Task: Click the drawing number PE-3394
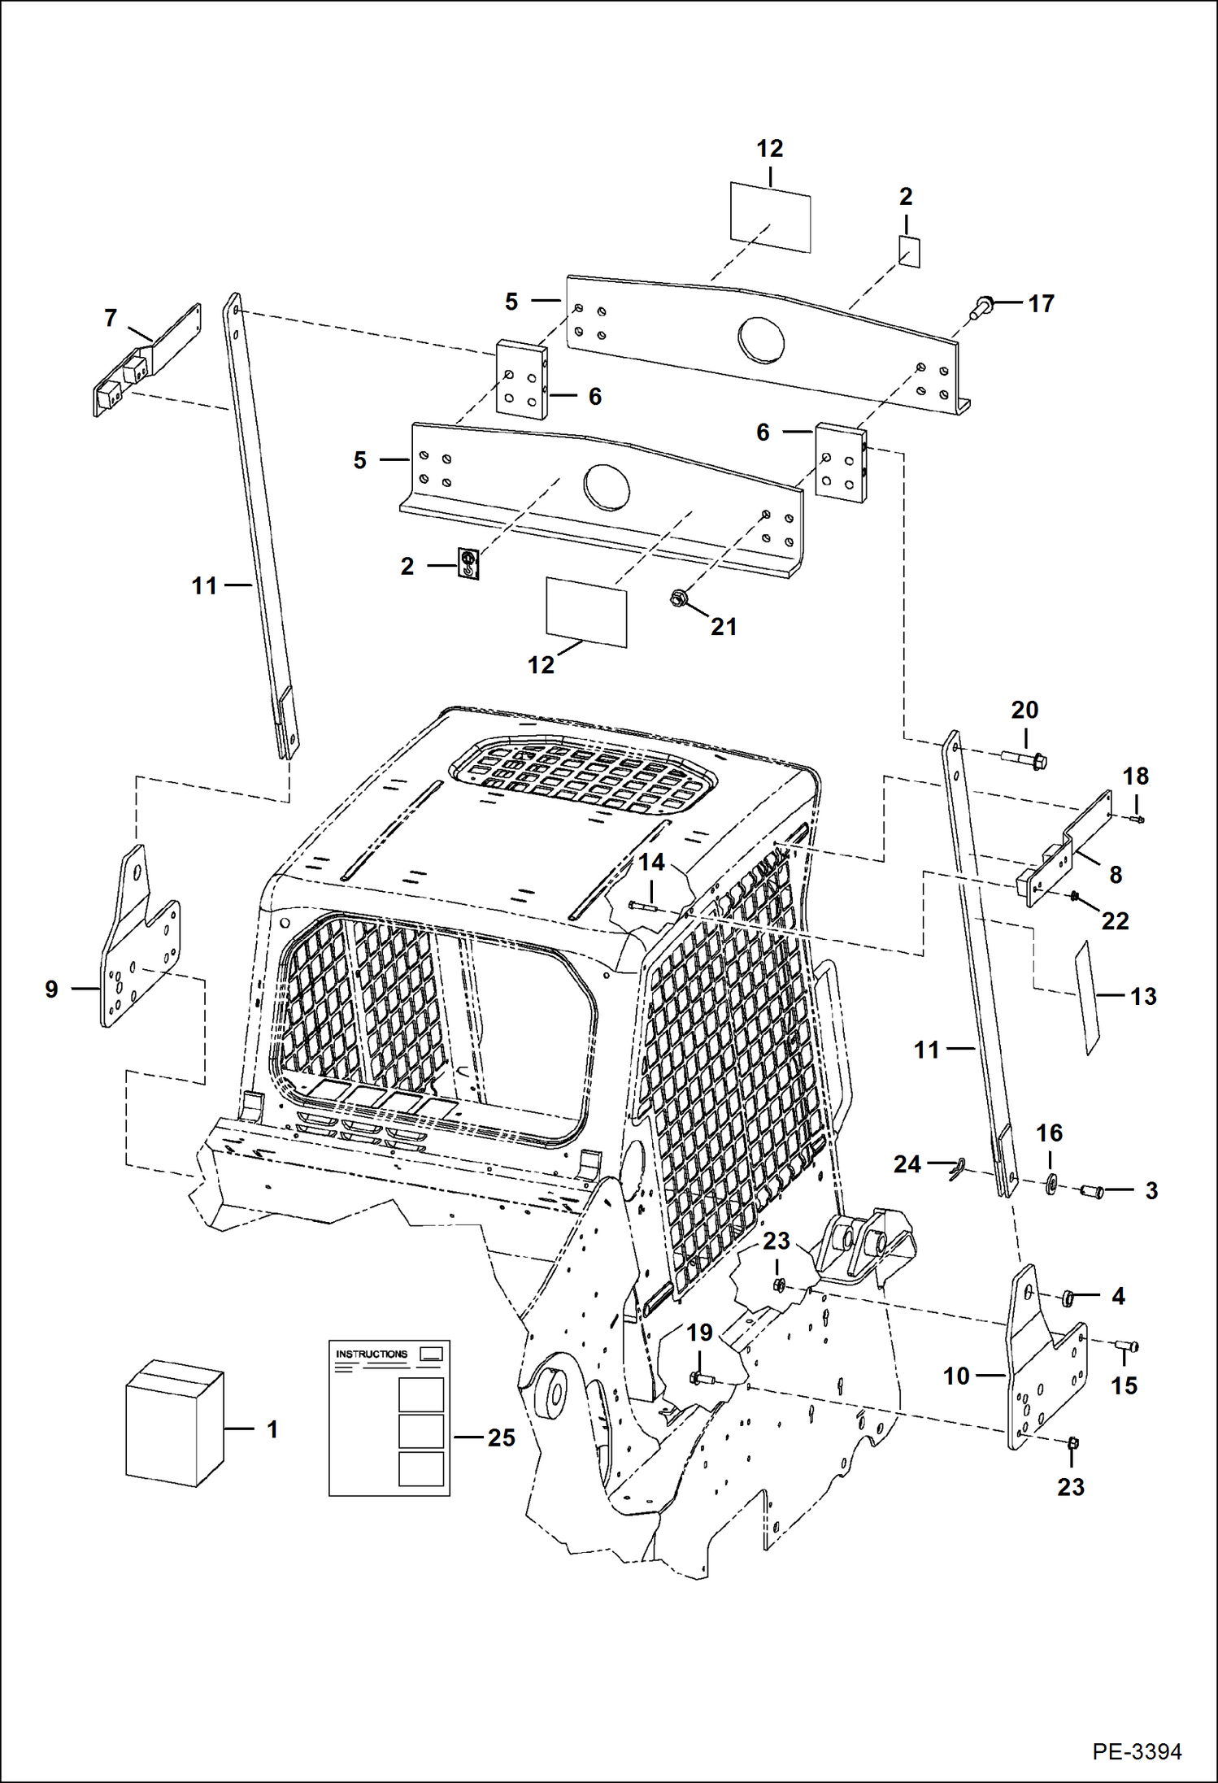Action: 1136,1751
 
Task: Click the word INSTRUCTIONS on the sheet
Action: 372,1354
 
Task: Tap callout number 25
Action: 502,1437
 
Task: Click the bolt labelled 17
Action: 981,307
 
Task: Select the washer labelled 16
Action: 1049,1182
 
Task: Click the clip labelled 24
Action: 956,1170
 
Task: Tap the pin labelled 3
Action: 1091,1192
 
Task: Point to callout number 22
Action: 1115,921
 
